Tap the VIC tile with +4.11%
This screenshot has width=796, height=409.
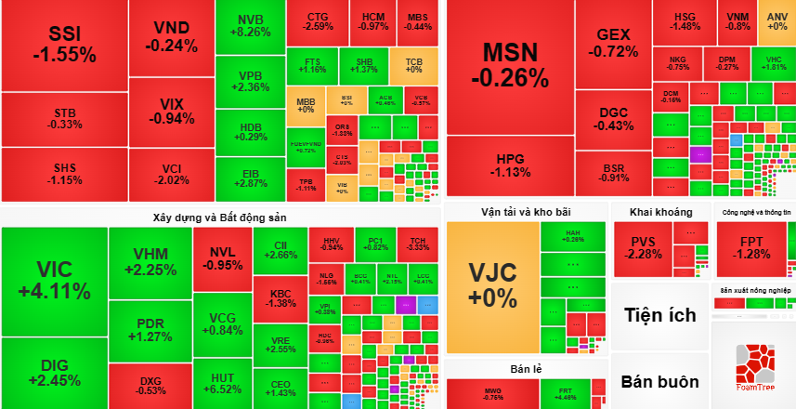pyautogui.click(x=54, y=280)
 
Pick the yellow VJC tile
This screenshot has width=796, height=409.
pyautogui.click(x=492, y=284)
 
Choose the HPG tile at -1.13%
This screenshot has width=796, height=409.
pyautogui.click(x=510, y=165)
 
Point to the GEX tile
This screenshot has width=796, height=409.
pyautogui.click(x=613, y=41)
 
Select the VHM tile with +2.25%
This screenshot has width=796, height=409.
pyautogui.click(x=150, y=262)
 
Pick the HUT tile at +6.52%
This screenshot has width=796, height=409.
pyautogui.click(x=222, y=383)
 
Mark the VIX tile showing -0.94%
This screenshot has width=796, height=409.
pyautogui.click(x=171, y=111)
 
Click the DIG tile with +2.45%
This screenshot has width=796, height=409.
pyautogui.click(x=54, y=373)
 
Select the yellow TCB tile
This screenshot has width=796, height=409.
pyautogui.click(x=413, y=65)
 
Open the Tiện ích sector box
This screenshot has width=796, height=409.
pyautogui.click(x=659, y=315)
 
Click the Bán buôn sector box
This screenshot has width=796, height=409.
pyautogui.click(x=659, y=381)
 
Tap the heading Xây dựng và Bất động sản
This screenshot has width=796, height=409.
pyautogui.click(x=219, y=217)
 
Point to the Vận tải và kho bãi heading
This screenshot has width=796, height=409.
pyautogui.click(x=525, y=211)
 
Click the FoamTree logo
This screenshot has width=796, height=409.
pyautogui.click(x=753, y=367)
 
